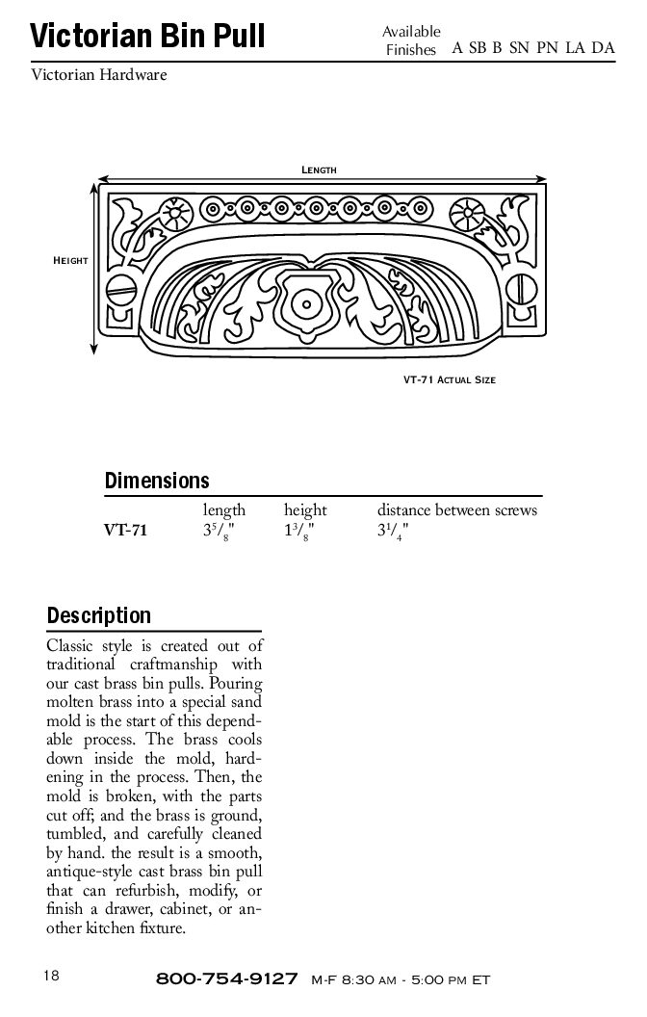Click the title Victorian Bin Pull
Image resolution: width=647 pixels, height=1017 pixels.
[x=146, y=38]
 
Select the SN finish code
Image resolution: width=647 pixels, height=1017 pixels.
[x=519, y=48]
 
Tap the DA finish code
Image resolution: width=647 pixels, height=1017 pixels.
[x=604, y=48]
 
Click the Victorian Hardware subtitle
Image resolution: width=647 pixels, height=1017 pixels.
[x=99, y=74]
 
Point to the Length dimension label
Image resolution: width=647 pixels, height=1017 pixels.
[x=319, y=169]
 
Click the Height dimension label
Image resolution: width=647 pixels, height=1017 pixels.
[x=70, y=261]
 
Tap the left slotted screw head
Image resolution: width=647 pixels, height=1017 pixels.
[x=121, y=287]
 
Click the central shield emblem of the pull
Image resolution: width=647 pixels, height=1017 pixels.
[x=306, y=303]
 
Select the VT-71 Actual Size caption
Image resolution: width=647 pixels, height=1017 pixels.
[x=450, y=379]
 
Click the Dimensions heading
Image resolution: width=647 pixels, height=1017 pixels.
[x=156, y=480]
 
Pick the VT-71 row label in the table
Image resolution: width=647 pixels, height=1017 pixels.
[x=125, y=529]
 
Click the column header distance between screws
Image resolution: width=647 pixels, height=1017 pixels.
[x=456, y=509]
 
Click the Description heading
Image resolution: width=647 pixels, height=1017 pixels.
[x=99, y=614]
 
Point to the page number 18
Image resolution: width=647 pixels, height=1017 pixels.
[x=51, y=976]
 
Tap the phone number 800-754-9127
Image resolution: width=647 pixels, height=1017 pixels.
[x=226, y=979]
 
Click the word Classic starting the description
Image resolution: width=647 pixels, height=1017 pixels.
[x=71, y=645]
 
